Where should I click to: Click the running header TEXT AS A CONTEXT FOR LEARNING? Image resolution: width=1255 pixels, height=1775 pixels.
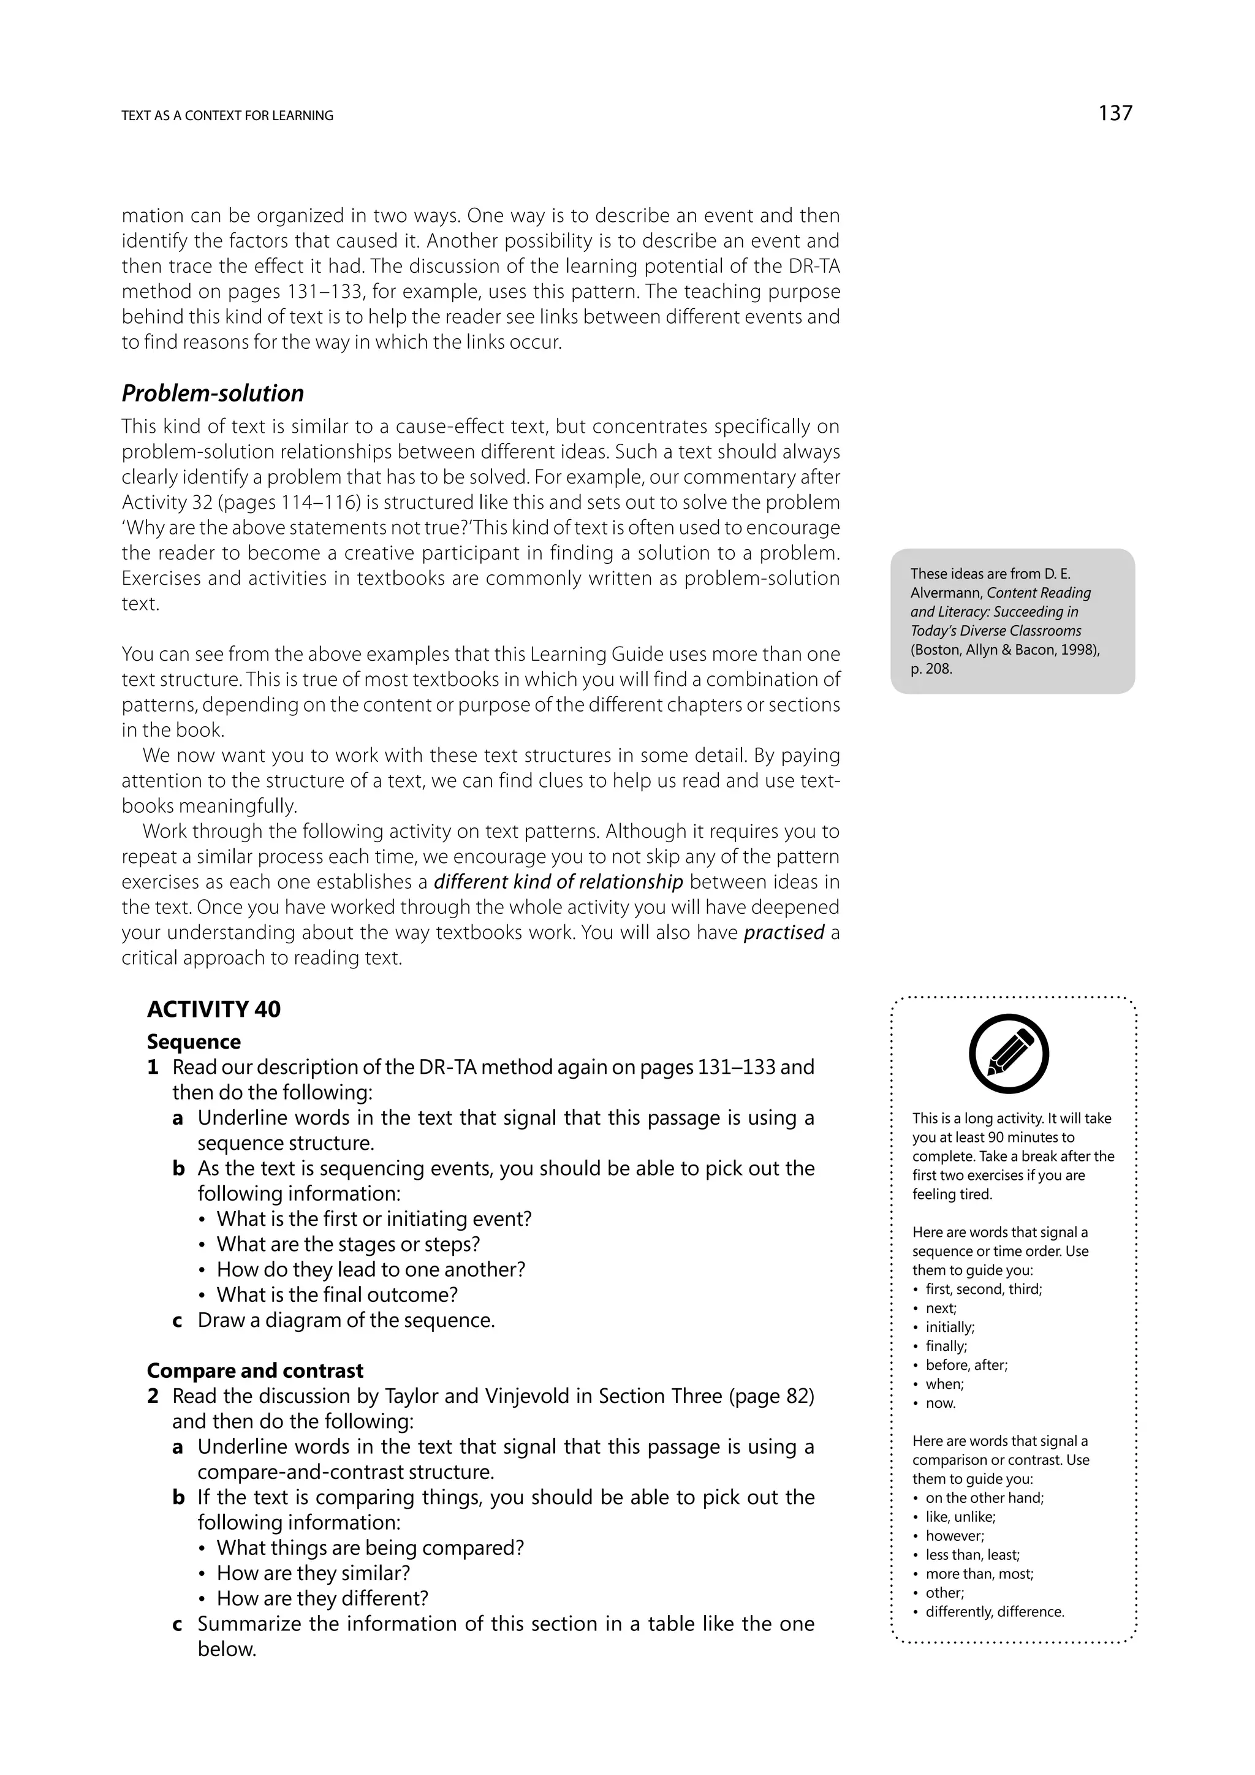(x=227, y=116)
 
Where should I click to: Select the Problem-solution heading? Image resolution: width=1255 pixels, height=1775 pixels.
(x=213, y=393)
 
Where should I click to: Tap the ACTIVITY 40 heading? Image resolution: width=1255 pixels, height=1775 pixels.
(x=213, y=1009)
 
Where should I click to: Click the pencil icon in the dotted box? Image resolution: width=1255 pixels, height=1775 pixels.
(x=1009, y=1054)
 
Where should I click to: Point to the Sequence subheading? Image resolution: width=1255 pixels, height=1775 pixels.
(x=193, y=1041)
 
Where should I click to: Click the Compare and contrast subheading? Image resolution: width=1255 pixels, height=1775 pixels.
(x=254, y=1370)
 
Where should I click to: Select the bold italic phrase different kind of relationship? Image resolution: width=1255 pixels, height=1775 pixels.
(x=558, y=881)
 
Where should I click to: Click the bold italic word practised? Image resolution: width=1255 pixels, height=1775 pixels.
(x=784, y=932)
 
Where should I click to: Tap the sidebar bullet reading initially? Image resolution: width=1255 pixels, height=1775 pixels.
(x=950, y=1326)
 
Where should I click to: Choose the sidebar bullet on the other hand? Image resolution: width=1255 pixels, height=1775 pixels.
(x=984, y=1497)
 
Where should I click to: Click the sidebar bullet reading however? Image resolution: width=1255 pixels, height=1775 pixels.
(x=954, y=1535)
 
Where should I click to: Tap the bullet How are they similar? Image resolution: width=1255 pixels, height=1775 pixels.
(x=313, y=1573)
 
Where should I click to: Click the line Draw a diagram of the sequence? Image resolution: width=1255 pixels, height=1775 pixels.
(x=346, y=1320)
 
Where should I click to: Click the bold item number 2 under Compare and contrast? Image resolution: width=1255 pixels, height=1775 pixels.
(x=153, y=1396)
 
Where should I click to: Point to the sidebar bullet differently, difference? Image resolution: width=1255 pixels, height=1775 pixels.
(x=995, y=1611)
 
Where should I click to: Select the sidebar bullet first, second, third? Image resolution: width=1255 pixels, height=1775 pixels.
(x=983, y=1289)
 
